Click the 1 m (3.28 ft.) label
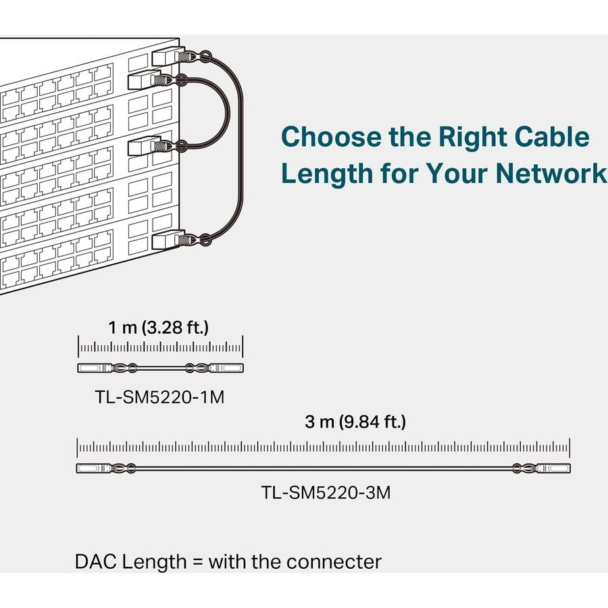pyautogui.click(x=159, y=328)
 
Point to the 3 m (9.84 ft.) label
pyautogui.click(x=355, y=423)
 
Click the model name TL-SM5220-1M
pyautogui.click(x=159, y=397)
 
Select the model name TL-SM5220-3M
pyautogui.click(x=326, y=493)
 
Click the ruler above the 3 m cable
pyautogui.click(x=323, y=447)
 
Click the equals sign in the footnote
pyautogui.click(x=196, y=562)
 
